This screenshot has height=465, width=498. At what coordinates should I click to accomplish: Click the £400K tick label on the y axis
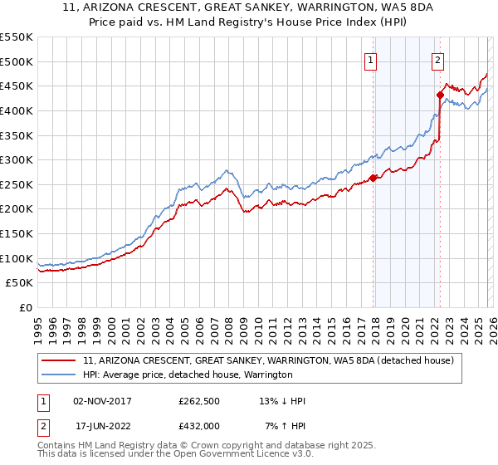coord(17,110)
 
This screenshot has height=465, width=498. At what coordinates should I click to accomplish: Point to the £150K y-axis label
coord(17,234)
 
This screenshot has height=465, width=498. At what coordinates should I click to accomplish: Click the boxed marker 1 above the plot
coord(370,59)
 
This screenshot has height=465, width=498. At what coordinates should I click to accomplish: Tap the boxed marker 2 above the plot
coord(437,59)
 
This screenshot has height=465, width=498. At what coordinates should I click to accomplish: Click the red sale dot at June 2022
coord(440,95)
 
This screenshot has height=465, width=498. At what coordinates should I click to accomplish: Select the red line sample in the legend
coord(60,361)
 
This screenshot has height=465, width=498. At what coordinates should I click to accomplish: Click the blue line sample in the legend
coord(60,375)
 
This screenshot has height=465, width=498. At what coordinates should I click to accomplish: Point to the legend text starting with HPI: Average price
coord(188,375)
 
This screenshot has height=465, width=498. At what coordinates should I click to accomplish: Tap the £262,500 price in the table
coord(199,401)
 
